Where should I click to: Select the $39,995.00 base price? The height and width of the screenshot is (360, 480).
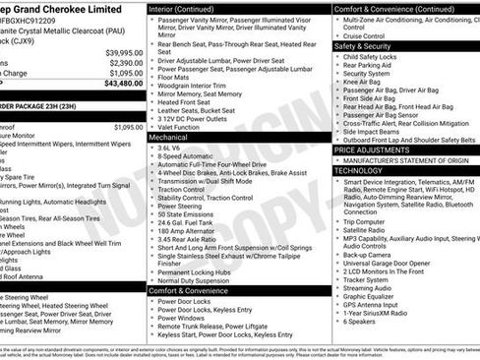(x=124, y=52)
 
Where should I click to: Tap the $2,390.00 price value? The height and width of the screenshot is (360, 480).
(x=126, y=62)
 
